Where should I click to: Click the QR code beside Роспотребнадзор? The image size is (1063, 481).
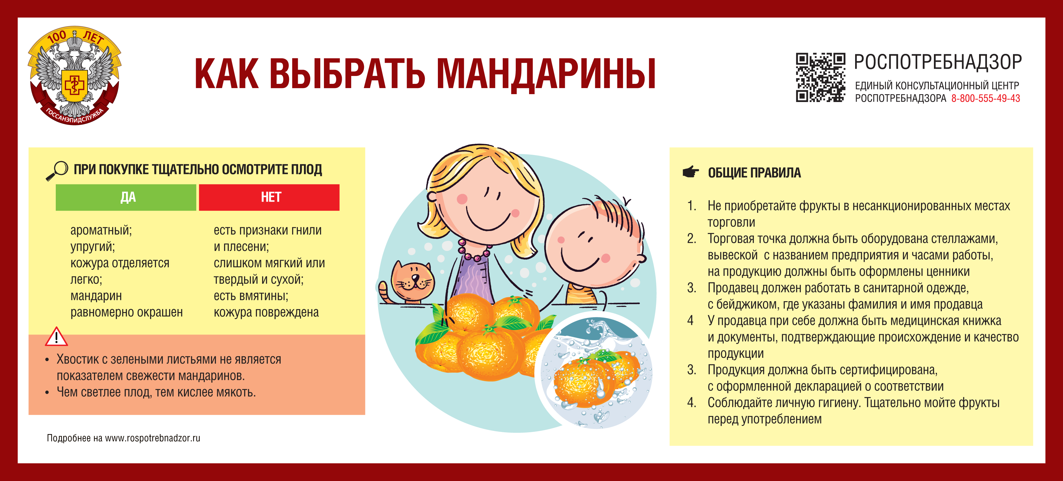820,77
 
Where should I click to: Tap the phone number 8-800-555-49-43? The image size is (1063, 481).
985,98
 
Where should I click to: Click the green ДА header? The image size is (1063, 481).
126,197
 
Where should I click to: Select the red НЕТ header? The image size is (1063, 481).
269,197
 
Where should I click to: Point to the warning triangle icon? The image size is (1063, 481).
56,337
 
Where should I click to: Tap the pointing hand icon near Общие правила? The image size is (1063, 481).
691,172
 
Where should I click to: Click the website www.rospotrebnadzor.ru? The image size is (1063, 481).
152,438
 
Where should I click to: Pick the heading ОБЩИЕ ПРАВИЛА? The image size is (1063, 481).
754,173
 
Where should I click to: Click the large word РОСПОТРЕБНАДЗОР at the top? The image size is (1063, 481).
938,62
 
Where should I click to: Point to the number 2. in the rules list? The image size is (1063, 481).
691,239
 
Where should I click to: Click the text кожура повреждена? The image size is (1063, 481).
266,312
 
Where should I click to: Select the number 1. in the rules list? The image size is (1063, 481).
691,206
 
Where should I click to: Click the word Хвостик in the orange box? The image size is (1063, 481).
78,359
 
